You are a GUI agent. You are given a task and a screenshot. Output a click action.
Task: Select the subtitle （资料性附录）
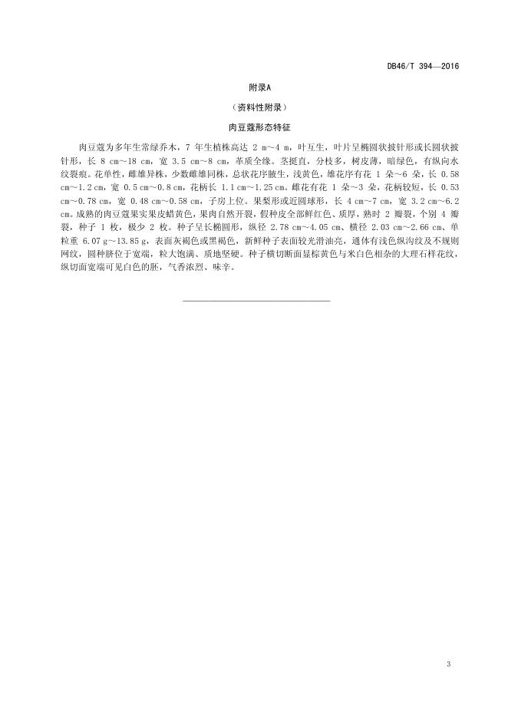tap(257, 108)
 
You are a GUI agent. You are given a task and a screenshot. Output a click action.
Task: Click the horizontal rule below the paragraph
tap(257, 300)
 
